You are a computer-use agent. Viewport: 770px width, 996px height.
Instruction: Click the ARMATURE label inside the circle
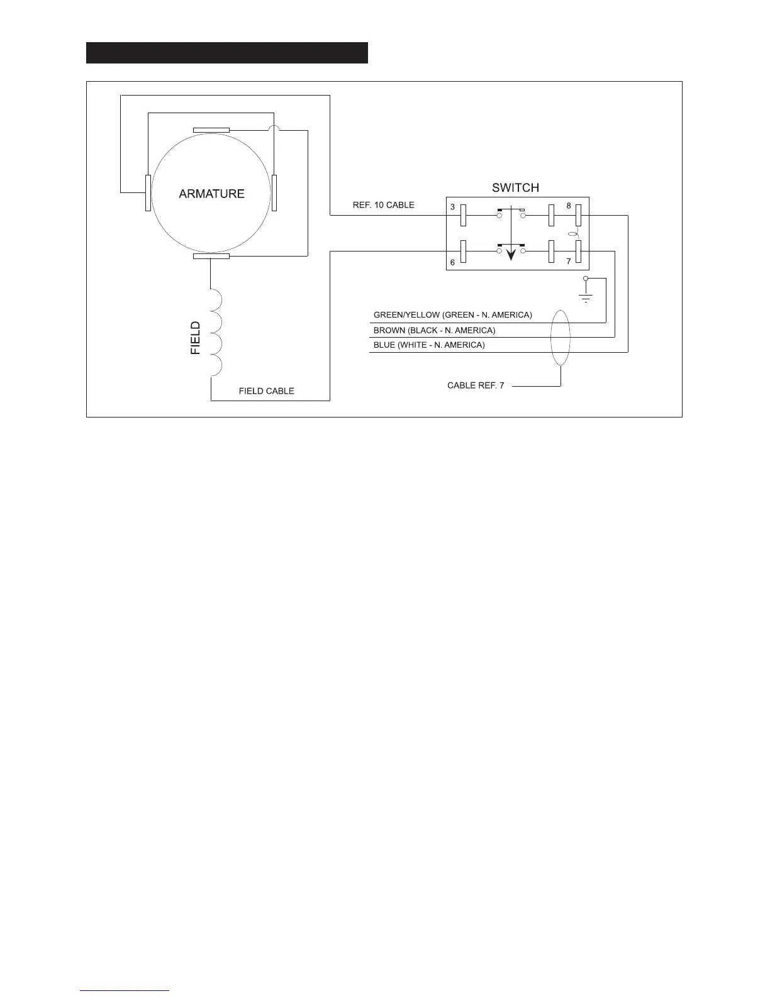[x=211, y=194]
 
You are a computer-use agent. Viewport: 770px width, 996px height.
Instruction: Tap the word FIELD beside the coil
[x=196, y=338]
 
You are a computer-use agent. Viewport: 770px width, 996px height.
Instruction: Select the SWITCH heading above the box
[x=515, y=187]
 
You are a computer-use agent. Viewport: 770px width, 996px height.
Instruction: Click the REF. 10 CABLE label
[x=383, y=205]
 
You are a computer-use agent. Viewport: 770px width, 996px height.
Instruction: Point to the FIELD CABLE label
[x=266, y=391]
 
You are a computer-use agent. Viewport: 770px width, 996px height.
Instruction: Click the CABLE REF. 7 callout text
[x=476, y=385]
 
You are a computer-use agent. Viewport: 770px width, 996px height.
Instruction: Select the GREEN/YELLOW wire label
[x=452, y=315]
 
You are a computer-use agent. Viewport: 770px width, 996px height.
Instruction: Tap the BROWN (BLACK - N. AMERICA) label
[x=434, y=330]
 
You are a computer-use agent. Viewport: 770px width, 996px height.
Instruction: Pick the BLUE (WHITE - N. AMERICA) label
[x=429, y=345]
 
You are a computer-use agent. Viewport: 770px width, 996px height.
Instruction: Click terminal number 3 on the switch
[x=452, y=207]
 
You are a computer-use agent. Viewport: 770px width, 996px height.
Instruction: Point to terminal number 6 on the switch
[x=452, y=262]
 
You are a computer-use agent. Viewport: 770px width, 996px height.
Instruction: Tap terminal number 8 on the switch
[x=569, y=206]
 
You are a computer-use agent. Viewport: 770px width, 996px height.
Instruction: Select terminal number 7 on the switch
[x=569, y=261]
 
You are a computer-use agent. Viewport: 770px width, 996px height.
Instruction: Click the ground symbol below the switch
[x=586, y=296]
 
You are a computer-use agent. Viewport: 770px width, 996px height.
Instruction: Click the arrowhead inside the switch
[x=511, y=253]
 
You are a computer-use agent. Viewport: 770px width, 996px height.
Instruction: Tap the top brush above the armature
[x=211, y=130]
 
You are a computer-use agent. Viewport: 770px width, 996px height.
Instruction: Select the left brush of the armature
[x=148, y=193]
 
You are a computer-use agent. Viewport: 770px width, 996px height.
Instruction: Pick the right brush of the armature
[x=274, y=193]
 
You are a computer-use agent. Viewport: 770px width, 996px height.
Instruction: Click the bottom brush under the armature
[x=211, y=256]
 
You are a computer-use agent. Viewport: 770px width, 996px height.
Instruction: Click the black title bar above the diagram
[x=226, y=53]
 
